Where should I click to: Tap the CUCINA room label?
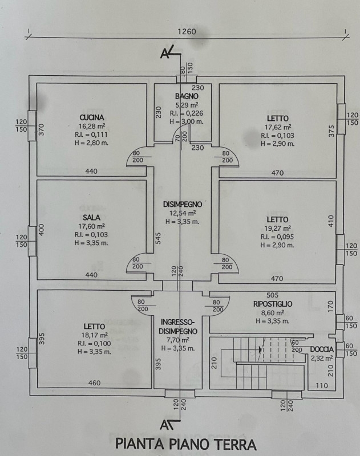tap(91, 117)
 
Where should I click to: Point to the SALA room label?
tap(91, 217)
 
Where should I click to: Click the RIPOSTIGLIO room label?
tap(273, 304)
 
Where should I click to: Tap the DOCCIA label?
tap(322, 349)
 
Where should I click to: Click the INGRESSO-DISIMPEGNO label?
tap(179, 326)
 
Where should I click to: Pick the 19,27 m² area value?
tap(277, 228)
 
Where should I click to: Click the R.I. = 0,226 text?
tap(189, 113)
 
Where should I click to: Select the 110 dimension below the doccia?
tap(322, 386)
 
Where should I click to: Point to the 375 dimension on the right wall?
tap(331, 130)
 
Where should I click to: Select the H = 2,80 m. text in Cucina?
tap(91, 143)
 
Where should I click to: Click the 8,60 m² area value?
tap(273, 313)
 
